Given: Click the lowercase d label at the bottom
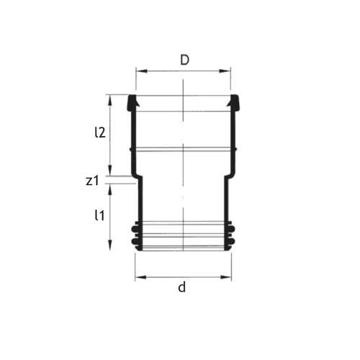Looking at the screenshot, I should coord(182,288).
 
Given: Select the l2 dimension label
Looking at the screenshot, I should coord(101,132).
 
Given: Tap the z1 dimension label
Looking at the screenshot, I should coord(91,181).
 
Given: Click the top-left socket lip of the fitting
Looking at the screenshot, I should coord(132,102).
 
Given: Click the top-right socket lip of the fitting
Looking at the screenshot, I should coord(234,102).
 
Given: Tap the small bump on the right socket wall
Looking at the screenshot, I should coord(236,150).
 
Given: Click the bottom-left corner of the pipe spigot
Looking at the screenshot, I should coord(138,249).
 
